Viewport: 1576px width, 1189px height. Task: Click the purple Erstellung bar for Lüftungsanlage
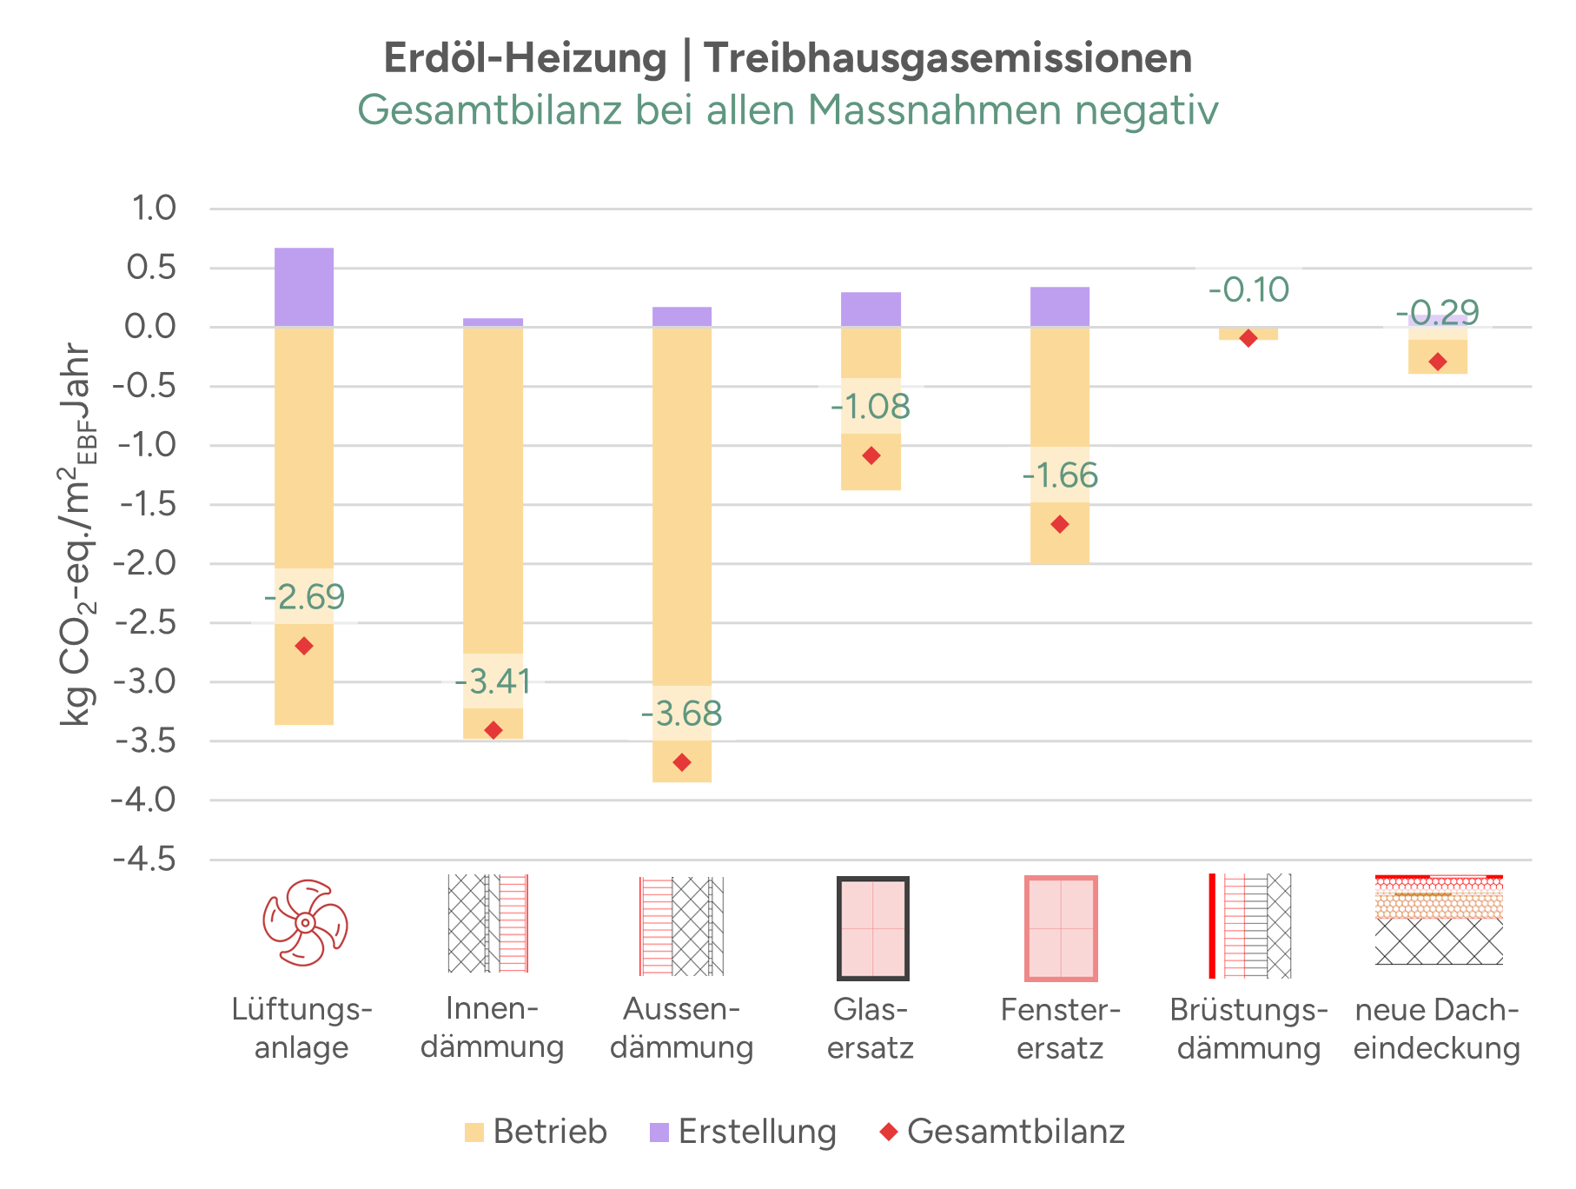pyautogui.click(x=304, y=287)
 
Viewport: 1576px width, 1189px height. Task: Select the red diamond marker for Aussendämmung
pyautogui.click(x=682, y=762)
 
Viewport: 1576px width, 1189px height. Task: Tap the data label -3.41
pyautogui.click(x=493, y=681)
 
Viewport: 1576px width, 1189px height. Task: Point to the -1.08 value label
pyautogui.click(x=871, y=407)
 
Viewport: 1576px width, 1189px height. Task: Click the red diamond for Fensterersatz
pyautogui.click(x=1060, y=524)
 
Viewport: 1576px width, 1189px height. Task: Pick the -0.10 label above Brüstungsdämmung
pyautogui.click(x=1248, y=289)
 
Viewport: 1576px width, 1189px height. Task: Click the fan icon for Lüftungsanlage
pyautogui.click(x=305, y=923)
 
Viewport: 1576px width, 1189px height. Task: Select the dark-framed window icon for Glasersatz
pyautogui.click(x=872, y=928)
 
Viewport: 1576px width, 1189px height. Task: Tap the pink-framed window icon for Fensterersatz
pyautogui.click(x=1061, y=928)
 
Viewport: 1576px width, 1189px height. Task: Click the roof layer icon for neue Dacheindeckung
pyautogui.click(x=1439, y=920)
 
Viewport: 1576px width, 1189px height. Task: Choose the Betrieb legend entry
pyautogui.click(x=535, y=1132)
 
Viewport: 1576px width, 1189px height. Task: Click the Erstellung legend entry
pyautogui.click(x=743, y=1132)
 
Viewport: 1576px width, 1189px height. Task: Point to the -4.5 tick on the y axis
pyautogui.click(x=144, y=860)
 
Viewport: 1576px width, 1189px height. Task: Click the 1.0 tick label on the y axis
pyautogui.click(x=152, y=209)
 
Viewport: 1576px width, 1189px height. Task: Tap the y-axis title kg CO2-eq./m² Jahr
pyautogui.click(x=76, y=535)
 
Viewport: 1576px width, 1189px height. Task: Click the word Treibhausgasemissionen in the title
pyautogui.click(x=947, y=59)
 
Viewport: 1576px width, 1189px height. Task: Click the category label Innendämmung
pyautogui.click(x=493, y=1028)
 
